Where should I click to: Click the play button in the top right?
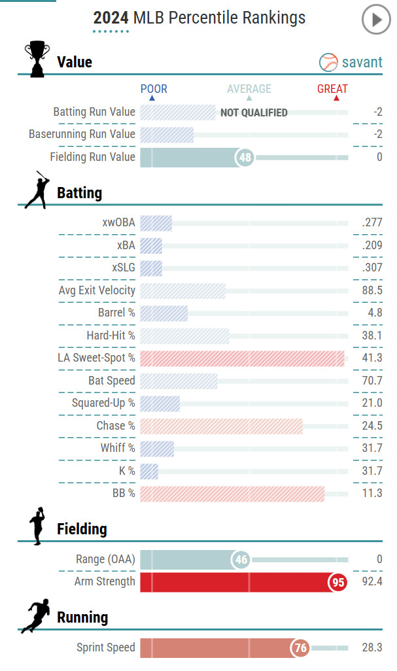pyautogui.click(x=375, y=20)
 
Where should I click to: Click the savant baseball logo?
pyautogui.click(x=328, y=62)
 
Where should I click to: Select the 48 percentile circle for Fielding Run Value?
pyautogui.click(x=245, y=157)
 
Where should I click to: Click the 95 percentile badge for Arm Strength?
pyautogui.click(x=337, y=582)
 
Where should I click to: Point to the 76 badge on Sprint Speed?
pyautogui.click(x=300, y=648)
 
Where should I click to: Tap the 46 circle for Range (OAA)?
pyautogui.click(x=241, y=560)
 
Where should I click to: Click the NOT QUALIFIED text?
pyautogui.click(x=254, y=112)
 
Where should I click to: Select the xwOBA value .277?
pyautogui.click(x=371, y=223)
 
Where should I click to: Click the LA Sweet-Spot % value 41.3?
pyautogui.click(x=371, y=358)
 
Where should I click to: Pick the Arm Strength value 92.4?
pyautogui.click(x=371, y=582)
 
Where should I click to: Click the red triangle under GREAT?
pyautogui.click(x=336, y=99)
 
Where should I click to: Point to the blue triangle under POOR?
pyautogui.click(x=152, y=99)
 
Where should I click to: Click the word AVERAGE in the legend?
pyautogui.click(x=249, y=89)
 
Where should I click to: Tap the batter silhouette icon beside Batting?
pyautogui.click(x=37, y=190)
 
